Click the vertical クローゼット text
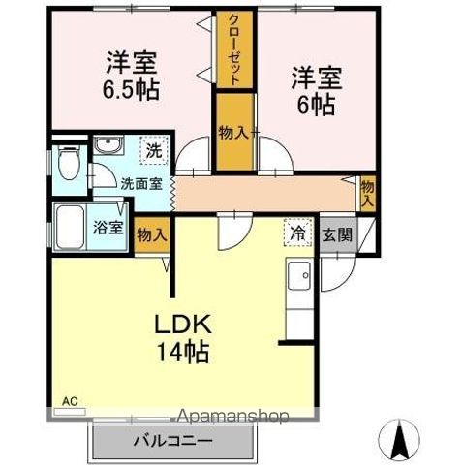(x=235, y=49)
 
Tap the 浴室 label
(x=107, y=229)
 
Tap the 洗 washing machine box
(x=153, y=150)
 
